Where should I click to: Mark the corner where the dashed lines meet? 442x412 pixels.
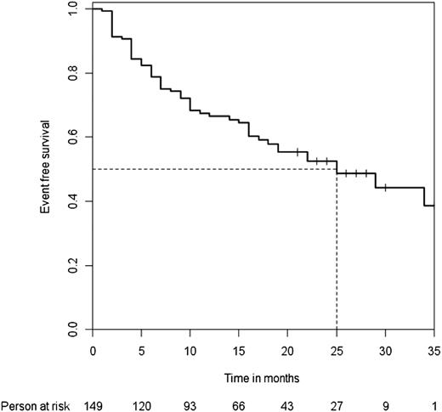[337, 169]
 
